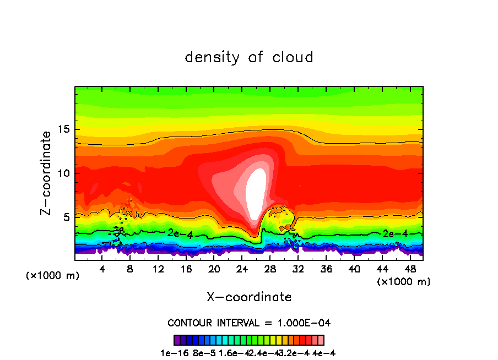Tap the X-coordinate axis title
(x=249, y=297)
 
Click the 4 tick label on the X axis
(x=102, y=269)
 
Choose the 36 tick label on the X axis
(x=326, y=269)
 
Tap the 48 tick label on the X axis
(x=409, y=269)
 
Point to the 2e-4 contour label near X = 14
(x=180, y=233)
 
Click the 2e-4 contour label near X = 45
(x=395, y=233)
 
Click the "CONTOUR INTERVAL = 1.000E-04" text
(x=249, y=323)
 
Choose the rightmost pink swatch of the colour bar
(x=321, y=340)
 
